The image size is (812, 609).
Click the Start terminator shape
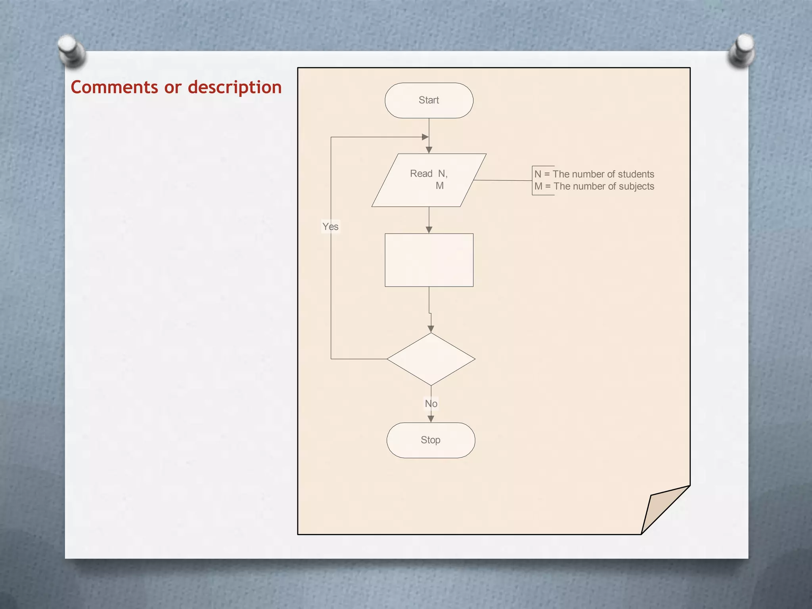pos(429,100)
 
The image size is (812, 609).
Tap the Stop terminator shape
pos(431,440)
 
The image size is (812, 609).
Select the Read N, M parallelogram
pos(429,180)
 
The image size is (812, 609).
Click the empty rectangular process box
pos(429,260)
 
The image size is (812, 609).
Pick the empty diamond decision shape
pos(431,359)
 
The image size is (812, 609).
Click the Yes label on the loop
pos(330,227)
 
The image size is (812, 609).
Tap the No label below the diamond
pos(431,404)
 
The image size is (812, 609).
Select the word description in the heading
pos(235,87)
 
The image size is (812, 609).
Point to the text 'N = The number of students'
pos(594,174)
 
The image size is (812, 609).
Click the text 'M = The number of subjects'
pos(594,186)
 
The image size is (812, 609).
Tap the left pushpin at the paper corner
pos(71,50)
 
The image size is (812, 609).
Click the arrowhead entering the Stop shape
pos(431,419)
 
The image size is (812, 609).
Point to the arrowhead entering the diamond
pos(431,329)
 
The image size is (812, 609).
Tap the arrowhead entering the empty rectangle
pos(429,230)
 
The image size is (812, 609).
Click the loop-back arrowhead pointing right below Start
pos(425,137)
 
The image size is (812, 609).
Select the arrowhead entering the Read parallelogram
pos(429,150)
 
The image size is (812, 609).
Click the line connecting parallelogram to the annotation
pos(503,180)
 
